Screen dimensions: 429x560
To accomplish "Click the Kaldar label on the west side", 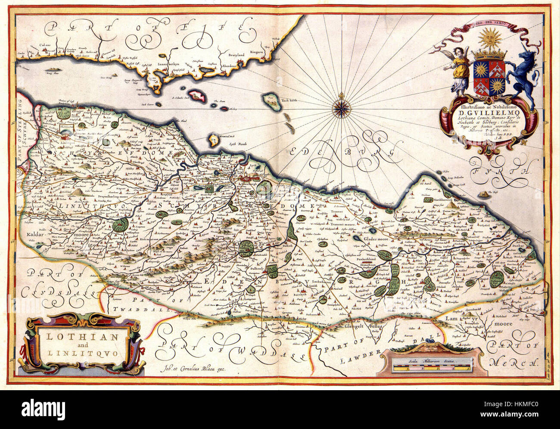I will pyautogui.click(x=36, y=235).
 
